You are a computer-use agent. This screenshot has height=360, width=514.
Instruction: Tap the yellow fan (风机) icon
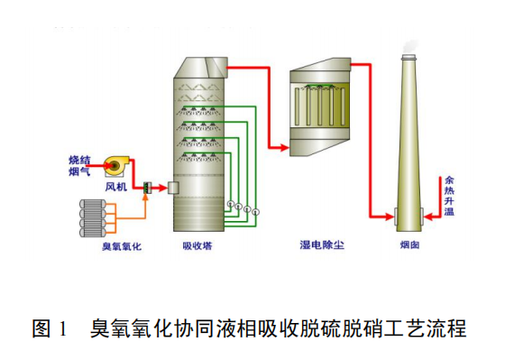click(x=115, y=163)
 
